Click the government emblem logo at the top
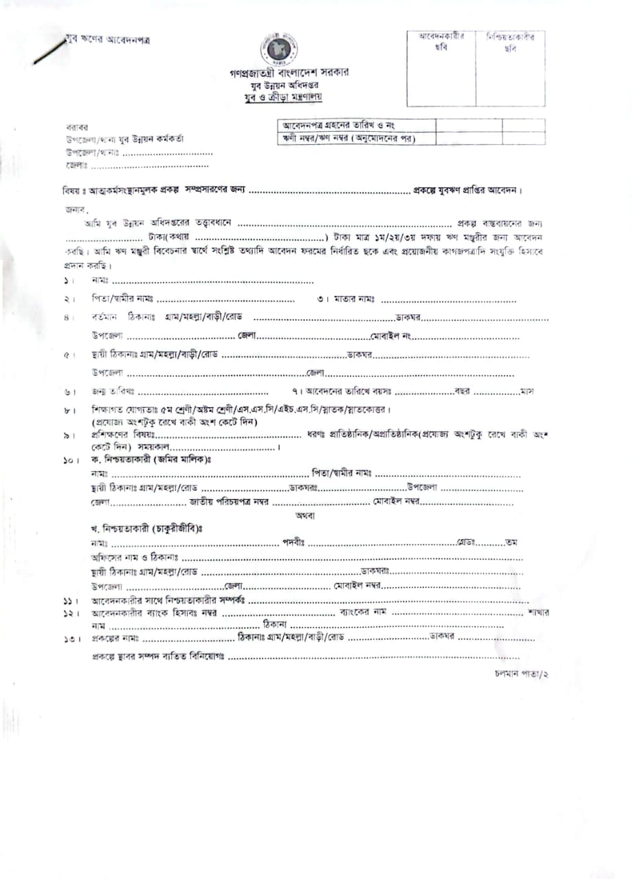click(278, 49)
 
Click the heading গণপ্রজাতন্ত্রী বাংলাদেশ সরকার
click(289, 73)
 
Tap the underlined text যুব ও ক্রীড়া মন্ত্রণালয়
click(288, 97)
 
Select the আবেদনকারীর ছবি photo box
click(441, 68)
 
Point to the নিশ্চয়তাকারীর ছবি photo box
click(510, 68)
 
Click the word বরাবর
click(76, 128)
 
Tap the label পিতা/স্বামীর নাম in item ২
click(122, 299)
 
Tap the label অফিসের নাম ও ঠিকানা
click(135, 557)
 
